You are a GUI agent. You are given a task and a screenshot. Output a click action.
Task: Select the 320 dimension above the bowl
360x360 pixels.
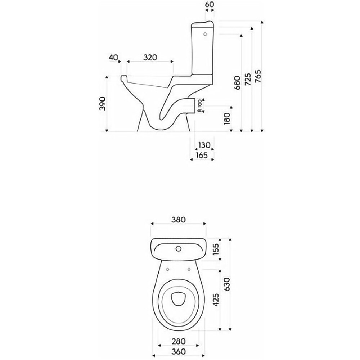pos(150,58)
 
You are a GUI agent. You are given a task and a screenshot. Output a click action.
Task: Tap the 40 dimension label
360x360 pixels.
pos(113,58)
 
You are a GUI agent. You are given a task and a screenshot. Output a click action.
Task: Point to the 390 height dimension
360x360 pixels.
pos(103,104)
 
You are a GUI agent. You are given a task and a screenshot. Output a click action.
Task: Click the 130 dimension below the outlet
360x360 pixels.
pos(204,145)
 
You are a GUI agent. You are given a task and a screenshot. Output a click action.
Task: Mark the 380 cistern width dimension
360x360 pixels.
pos(179,220)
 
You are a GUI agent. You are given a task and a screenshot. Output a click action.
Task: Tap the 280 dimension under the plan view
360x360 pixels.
pos(179,341)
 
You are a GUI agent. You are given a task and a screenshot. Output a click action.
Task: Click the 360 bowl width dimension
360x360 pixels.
pos(179,351)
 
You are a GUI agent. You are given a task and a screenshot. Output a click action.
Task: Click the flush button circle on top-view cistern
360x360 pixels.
pos(178,248)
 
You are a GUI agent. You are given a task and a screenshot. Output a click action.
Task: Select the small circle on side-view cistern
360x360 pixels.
pos(205,35)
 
